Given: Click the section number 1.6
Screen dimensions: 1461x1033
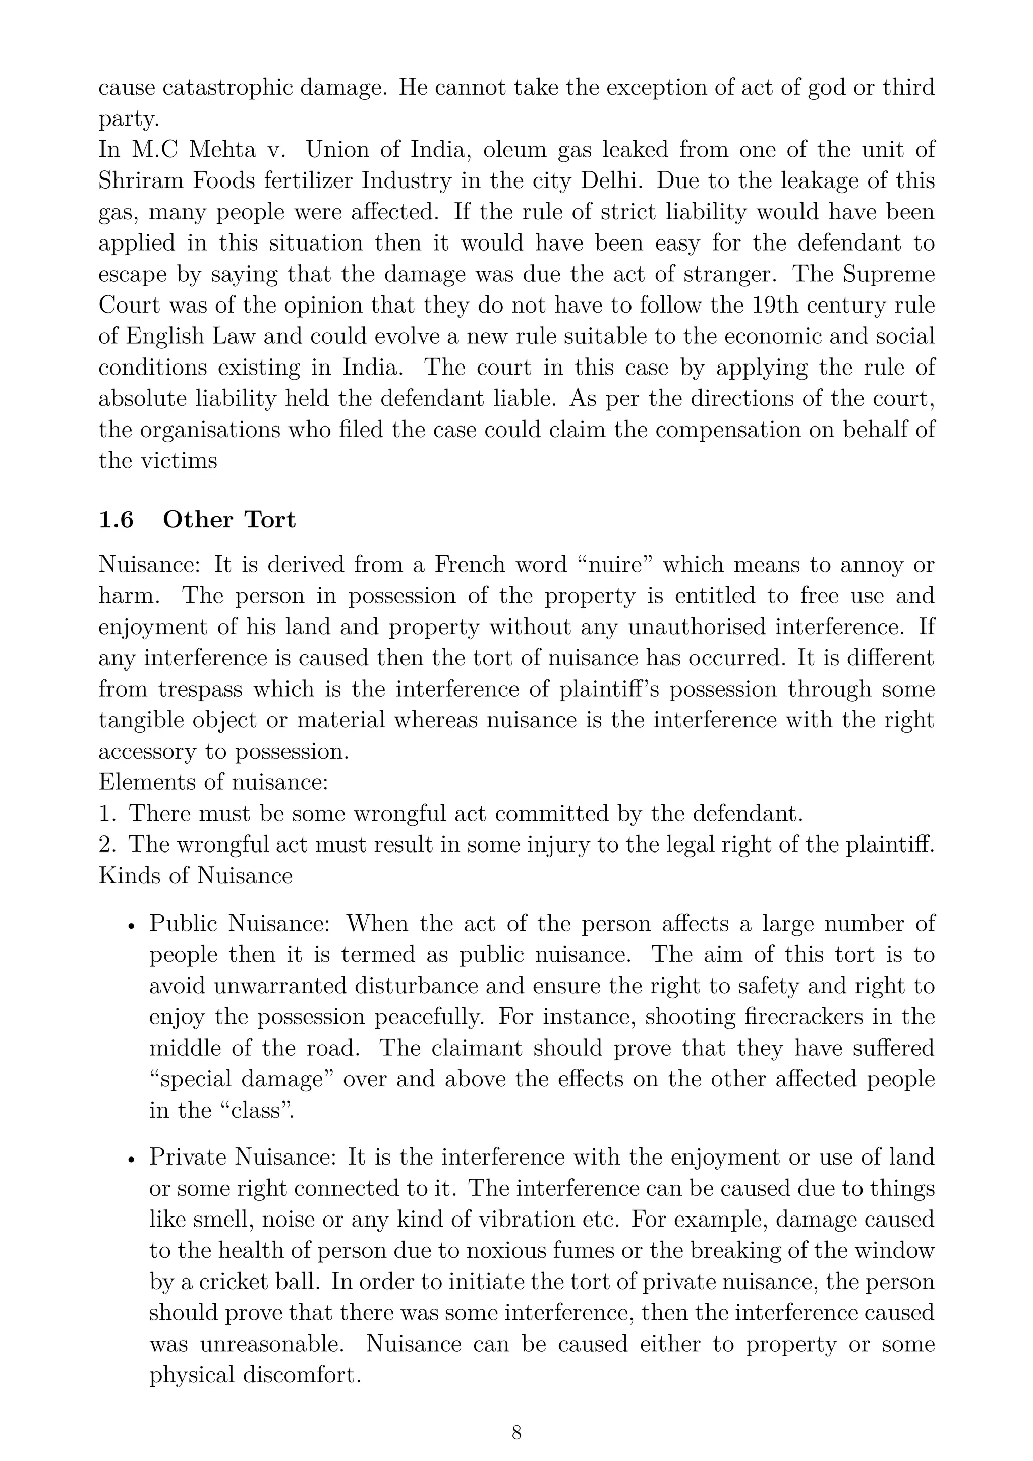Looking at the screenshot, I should click(116, 520).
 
